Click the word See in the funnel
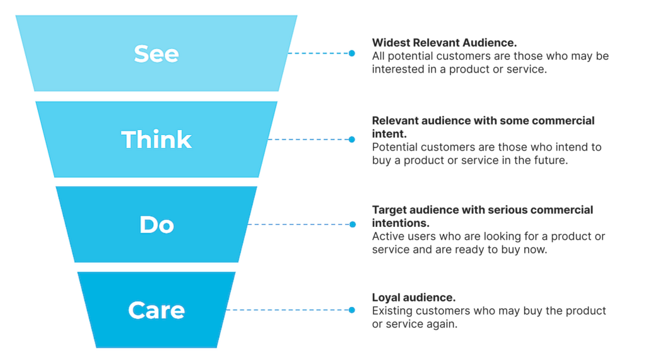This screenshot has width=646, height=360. pos(156,54)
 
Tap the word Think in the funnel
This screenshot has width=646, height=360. pos(156,139)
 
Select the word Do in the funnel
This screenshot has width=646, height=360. pos(156,225)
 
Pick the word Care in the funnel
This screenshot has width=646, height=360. pos(156,310)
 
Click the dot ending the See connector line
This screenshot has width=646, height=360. pos(352,54)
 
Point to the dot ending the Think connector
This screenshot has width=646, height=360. pos(352,139)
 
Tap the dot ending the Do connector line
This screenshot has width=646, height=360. pos(353,224)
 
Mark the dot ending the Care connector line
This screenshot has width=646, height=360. pos(352,310)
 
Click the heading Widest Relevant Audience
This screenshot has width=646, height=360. pos(444,43)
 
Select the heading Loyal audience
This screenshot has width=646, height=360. pos(413,298)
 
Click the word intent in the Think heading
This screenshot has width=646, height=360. pos(388,134)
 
